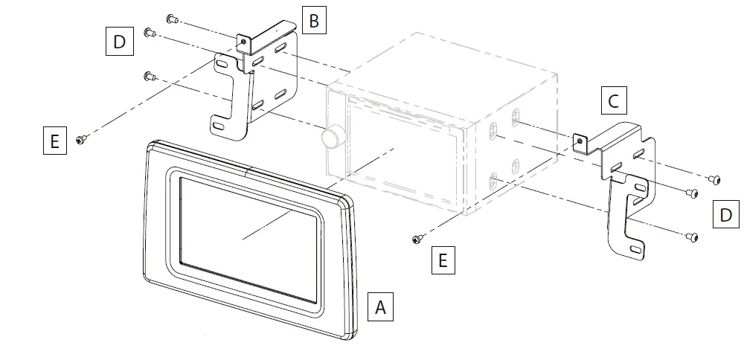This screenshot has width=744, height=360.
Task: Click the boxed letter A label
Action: pyautogui.click(x=381, y=306)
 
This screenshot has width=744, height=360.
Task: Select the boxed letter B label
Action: pyautogui.click(x=314, y=21)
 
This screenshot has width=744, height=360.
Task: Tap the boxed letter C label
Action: pyautogui.click(x=614, y=100)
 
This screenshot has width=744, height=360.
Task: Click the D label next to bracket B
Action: pyautogui.click(x=119, y=42)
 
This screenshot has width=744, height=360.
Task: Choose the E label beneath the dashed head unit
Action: pyautogui.click(x=443, y=261)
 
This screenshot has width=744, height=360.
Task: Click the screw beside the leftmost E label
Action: pyautogui.click(x=82, y=138)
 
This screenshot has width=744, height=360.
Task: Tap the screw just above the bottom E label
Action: pyautogui.click(x=418, y=239)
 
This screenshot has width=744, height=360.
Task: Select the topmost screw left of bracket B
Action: pyautogui.click(x=170, y=18)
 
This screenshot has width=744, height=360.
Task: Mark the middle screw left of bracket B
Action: pyautogui.click(x=148, y=32)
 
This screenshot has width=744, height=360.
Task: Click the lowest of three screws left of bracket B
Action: pyautogui.click(x=148, y=75)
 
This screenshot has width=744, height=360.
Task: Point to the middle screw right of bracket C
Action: pyautogui.click(x=691, y=193)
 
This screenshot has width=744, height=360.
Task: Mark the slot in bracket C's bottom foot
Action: pyautogui.click(x=634, y=249)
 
